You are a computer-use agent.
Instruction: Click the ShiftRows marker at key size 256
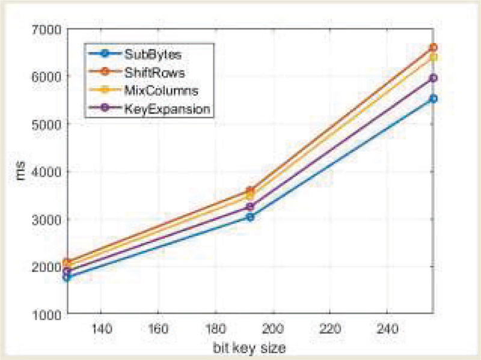pyautogui.click(x=433, y=47)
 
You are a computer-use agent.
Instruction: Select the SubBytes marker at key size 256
pyautogui.click(x=433, y=99)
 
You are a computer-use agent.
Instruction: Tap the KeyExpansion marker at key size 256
pyautogui.click(x=433, y=78)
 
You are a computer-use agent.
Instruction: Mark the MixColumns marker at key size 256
pyautogui.click(x=433, y=57)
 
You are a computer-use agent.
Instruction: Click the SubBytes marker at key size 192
pyautogui.click(x=250, y=216)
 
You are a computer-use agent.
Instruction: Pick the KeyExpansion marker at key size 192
pyautogui.click(x=250, y=207)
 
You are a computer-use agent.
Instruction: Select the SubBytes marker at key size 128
pyautogui.click(x=67, y=277)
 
